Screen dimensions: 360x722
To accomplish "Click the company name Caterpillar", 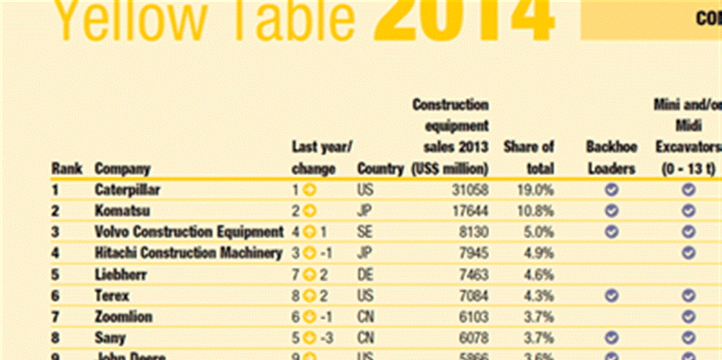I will pyautogui.click(x=127, y=190).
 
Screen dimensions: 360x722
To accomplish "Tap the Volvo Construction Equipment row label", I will pyautogui.click(x=189, y=232).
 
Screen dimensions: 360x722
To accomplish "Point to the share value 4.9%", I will pyautogui.click(x=539, y=253).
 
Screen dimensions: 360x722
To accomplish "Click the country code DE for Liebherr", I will pyautogui.click(x=365, y=275).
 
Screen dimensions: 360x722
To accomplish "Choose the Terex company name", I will pyautogui.click(x=112, y=296).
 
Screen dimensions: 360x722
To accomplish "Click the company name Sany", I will pyautogui.click(x=111, y=338).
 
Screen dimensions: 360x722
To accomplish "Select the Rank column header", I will pyautogui.click(x=66, y=169).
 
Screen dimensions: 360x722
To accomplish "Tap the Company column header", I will pyautogui.click(x=122, y=169).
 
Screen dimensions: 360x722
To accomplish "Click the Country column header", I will pyautogui.click(x=380, y=169).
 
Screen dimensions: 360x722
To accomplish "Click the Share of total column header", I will pyautogui.click(x=529, y=158).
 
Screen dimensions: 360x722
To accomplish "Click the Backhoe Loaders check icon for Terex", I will pyautogui.click(x=611, y=296).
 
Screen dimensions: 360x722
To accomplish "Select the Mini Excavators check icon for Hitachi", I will pyautogui.click(x=688, y=253).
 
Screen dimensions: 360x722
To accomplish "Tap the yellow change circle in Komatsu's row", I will pyautogui.click(x=309, y=211).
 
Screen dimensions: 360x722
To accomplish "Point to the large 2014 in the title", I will pyautogui.click(x=464, y=17).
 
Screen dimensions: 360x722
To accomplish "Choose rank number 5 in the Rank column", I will pyautogui.click(x=56, y=275).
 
